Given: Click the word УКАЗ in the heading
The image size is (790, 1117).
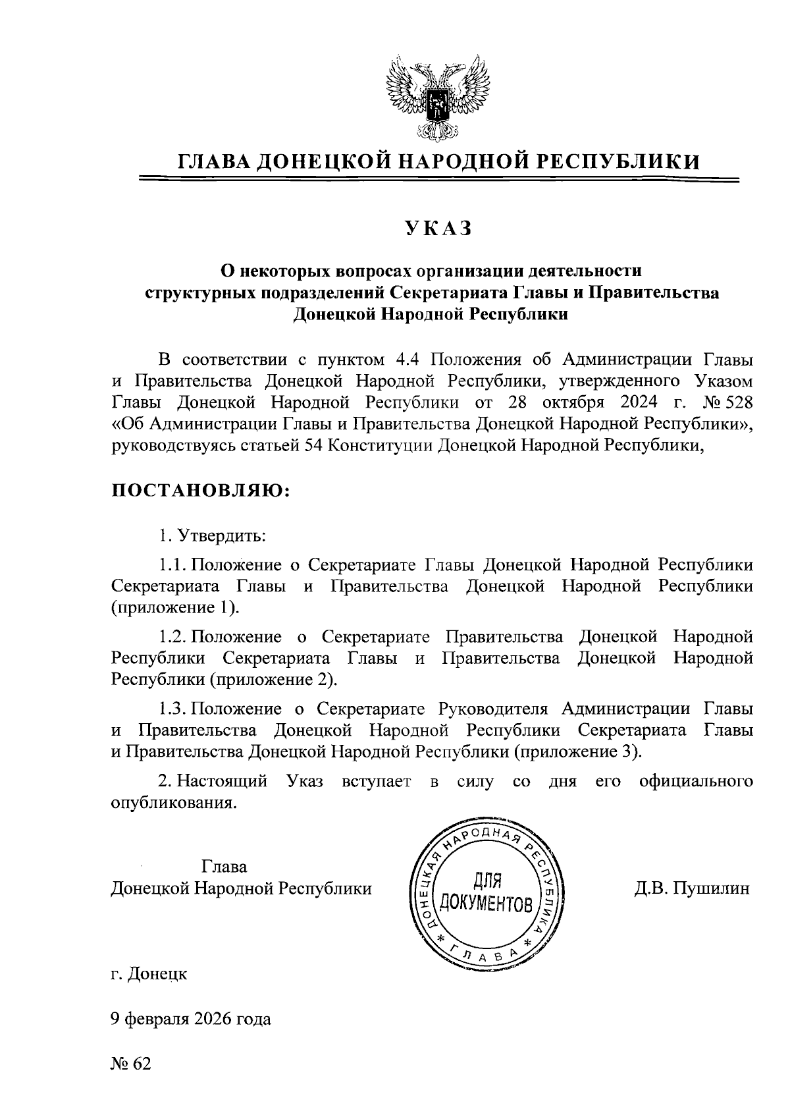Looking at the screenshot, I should click(438, 228).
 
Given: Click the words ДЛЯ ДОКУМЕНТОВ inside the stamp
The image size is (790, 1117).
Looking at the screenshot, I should click(486, 892).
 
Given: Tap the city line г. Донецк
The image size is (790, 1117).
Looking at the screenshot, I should click(149, 973).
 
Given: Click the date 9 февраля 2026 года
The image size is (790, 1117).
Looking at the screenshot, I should click(190, 1019).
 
